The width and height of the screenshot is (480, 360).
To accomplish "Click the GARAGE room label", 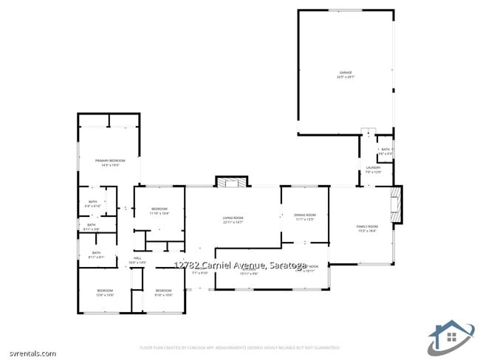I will (x=345, y=74).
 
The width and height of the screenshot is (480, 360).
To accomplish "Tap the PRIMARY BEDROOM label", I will (x=109, y=162).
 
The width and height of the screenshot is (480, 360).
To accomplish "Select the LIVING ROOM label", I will (x=233, y=219).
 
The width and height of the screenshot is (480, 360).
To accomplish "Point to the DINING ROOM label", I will (x=305, y=217).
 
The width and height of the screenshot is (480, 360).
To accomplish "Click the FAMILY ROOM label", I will (x=367, y=228).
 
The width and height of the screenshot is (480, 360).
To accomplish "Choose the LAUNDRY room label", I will (x=373, y=170).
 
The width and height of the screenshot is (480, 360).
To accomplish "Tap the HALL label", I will (x=137, y=260).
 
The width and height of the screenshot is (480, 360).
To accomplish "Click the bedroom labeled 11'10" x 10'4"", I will (x=160, y=211).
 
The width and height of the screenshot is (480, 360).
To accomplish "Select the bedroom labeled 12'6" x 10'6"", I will (x=105, y=293).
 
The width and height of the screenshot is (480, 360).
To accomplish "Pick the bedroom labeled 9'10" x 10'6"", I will (x=163, y=293).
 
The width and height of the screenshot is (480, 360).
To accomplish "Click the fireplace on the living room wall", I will (x=233, y=181).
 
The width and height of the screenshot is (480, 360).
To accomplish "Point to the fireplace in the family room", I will (x=397, y=204).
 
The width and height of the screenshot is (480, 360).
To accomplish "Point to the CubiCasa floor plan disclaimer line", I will (x=239, y=347).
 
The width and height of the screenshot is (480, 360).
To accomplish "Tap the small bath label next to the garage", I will (x=385, y=150).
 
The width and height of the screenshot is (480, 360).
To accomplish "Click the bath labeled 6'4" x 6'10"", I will (x=93, y=203).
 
